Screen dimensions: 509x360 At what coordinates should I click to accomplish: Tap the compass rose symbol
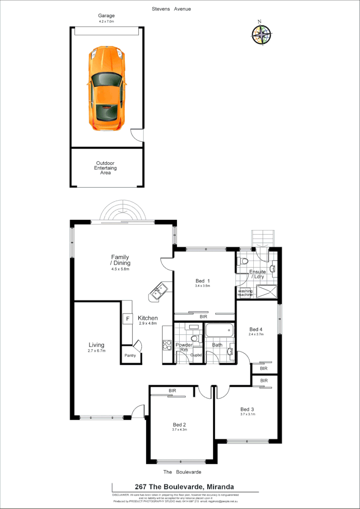[x=261, y=34]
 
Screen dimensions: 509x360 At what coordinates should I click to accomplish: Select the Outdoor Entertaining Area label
[x=106, y=168]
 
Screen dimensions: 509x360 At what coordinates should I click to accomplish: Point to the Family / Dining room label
[x=120, y=260]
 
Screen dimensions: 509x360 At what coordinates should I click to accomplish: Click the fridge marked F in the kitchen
[x=127, y=319]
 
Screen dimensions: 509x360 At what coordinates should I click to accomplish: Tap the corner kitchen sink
[x=159, y=291]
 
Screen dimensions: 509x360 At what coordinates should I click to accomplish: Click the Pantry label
[x=130, y=355]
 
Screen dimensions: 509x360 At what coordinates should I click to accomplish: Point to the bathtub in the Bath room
[x=219, y=331]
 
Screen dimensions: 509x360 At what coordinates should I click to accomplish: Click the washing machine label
[x=245, y=292]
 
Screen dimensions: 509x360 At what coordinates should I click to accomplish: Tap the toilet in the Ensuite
[x=243, y=262]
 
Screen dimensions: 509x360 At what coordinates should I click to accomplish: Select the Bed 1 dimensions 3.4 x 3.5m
[x=202, y=286]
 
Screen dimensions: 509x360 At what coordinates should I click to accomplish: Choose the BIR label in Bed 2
[x=172, y=391]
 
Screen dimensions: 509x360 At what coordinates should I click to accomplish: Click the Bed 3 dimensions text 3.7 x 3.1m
[x=248, y=414]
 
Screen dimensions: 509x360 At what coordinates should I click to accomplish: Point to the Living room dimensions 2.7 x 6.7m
[x=96, y=351]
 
